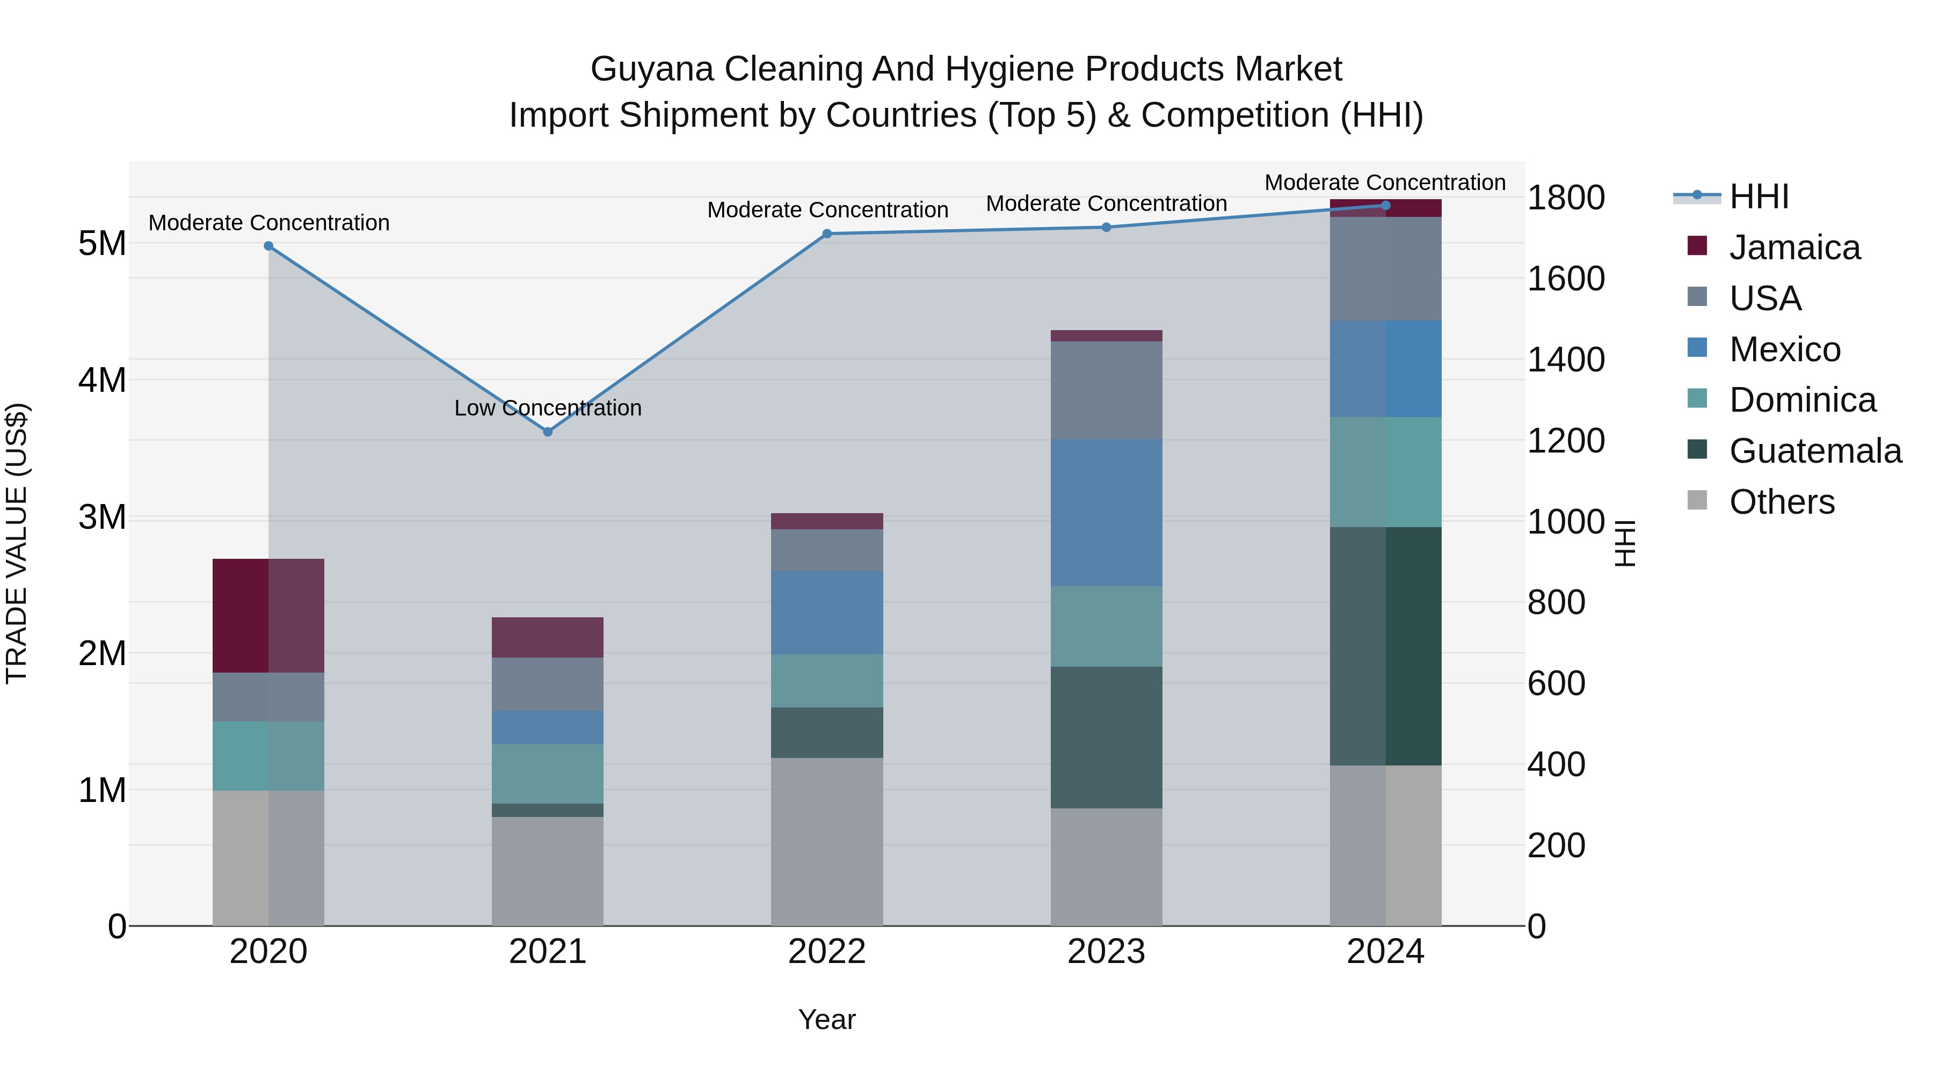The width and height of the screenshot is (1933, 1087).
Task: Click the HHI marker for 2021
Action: click(548, 432)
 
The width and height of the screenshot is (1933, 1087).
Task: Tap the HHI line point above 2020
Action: click(268, 246)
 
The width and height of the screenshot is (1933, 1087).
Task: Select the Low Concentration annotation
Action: click(548, 408)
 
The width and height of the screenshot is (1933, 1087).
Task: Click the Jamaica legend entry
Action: click(1793, 247)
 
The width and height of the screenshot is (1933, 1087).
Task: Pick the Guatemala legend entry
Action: click(1814, 451)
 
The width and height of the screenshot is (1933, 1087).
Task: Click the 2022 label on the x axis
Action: click(827, 952)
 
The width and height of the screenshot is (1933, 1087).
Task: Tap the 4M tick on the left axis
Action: click(102, 381)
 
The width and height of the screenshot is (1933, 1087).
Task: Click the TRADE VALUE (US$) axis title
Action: click(17, 543)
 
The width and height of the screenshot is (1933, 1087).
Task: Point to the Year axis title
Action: click(827, 1019)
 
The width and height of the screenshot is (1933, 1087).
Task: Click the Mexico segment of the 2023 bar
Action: click(1106, 513)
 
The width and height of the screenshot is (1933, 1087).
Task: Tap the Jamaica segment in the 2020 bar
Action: click(268, 615)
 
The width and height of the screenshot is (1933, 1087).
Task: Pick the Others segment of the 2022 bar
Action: click(827, 841)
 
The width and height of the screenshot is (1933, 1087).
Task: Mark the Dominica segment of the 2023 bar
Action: click(1106, 626)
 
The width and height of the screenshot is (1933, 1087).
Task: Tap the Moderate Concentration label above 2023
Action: click(1106, 203)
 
